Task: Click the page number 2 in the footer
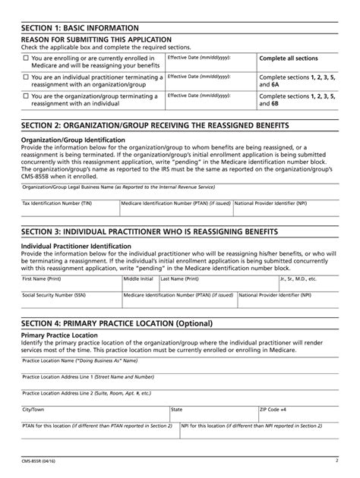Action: (336, 460)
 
